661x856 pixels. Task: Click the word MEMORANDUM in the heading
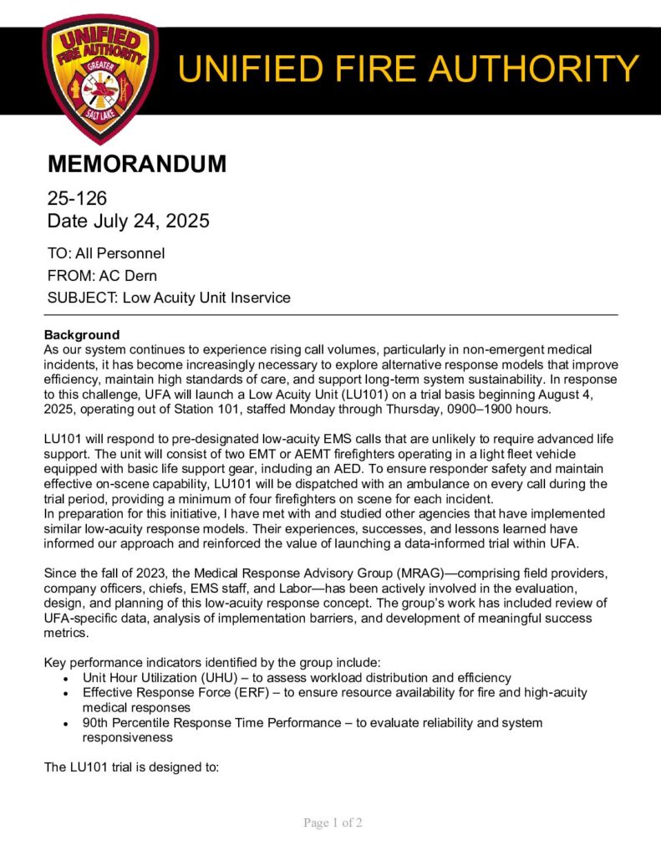click(135, 165)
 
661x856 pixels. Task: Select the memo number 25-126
click(77, 199)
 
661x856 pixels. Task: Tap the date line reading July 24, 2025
click(127, 222)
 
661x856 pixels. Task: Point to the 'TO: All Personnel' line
click(106, 253)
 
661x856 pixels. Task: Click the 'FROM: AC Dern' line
click(102, 276)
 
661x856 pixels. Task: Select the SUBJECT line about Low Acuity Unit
click(169, 298)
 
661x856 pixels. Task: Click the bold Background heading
click(82, 334)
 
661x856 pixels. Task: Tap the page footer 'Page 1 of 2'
click(333, 823)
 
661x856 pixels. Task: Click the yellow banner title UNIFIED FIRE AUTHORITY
click(409, 69)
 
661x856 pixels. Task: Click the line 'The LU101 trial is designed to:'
click(131, 767)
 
